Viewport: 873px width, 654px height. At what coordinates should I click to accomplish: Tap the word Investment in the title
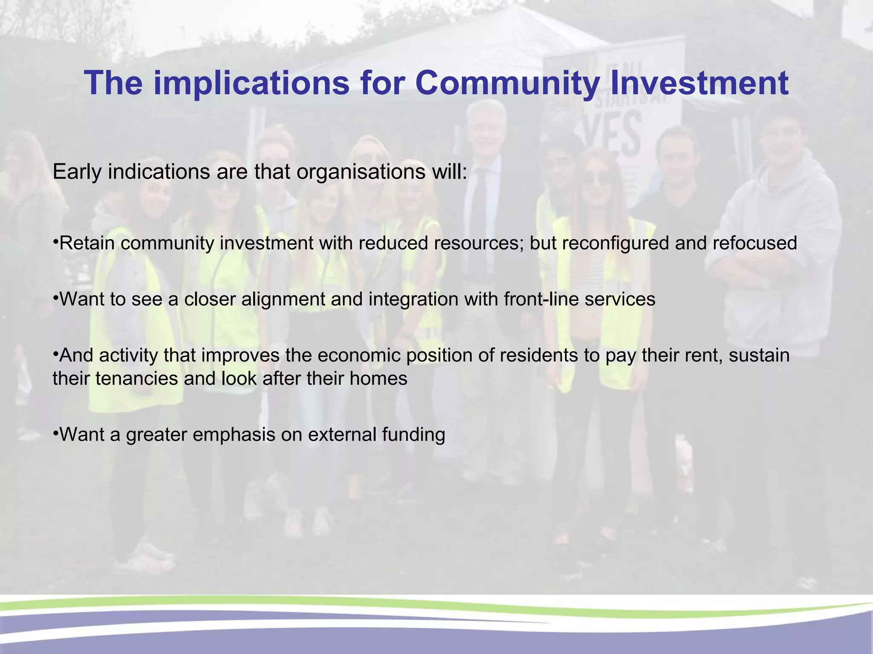699,83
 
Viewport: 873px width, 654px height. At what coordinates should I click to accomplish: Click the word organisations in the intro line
361,172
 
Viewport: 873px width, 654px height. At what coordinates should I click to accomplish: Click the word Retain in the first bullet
87,243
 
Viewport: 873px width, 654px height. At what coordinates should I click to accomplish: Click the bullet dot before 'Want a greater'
55,433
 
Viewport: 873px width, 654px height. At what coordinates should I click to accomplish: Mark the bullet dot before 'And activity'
55,353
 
